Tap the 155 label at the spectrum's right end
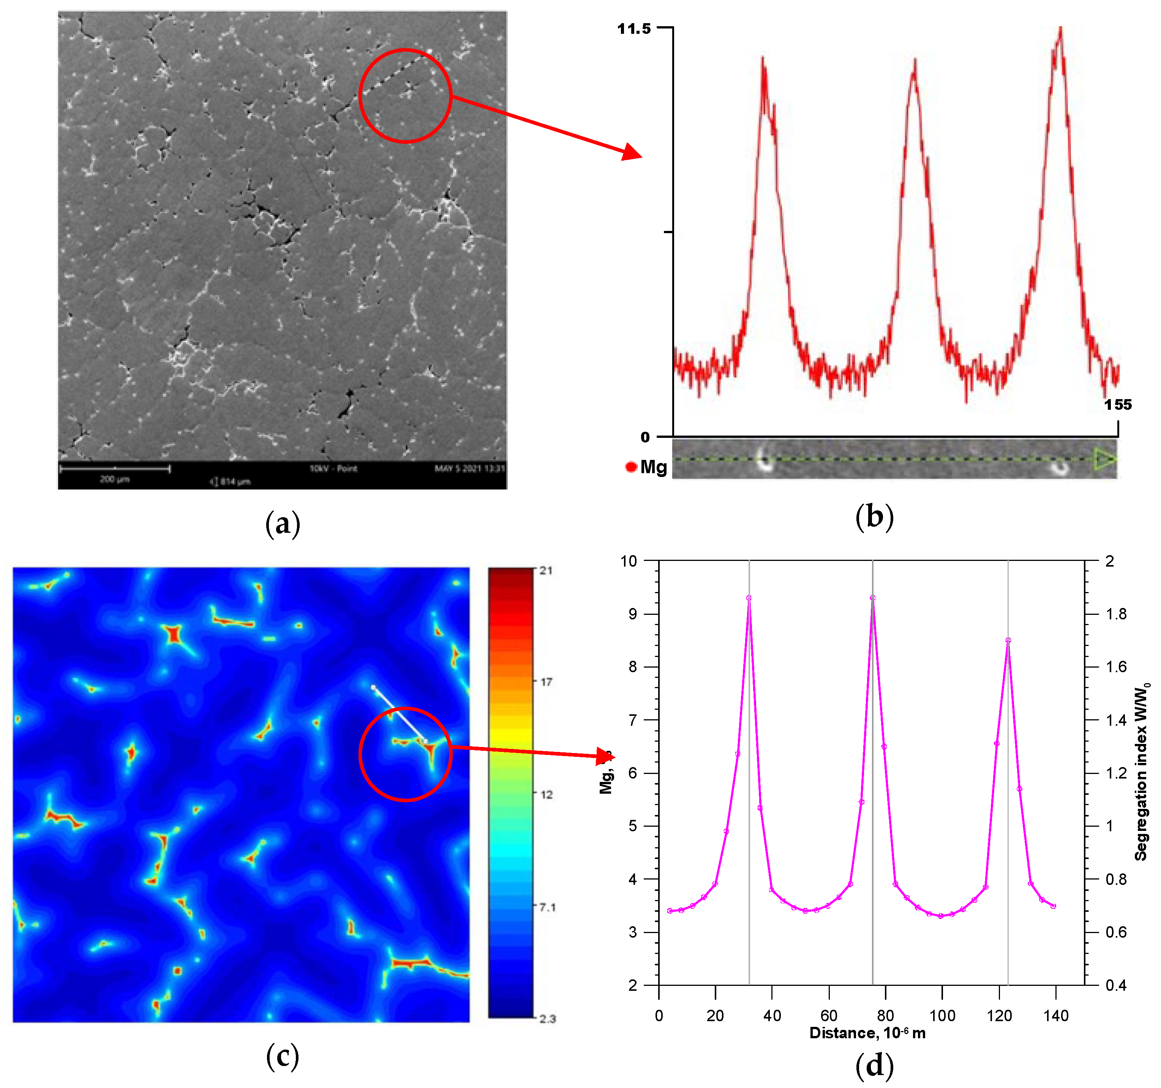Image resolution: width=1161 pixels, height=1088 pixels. pyautogui.click(x=1117, y=405)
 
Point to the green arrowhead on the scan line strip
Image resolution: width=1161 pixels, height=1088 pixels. pyautogui.click(x=1104, y=460)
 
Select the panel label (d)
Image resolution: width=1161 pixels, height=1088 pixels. pyautogui.click(x=874, y=1064)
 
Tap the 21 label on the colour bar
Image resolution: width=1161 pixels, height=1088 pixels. pyautogui.click(x=545, y=570)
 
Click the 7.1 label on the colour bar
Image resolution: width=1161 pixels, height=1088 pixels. pyautogui.click(x=547, y=907)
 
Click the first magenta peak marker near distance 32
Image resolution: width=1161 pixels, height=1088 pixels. pyautogui.click(x=749, y=598)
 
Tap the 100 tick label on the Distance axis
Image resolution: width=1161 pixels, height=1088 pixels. pyautogui.click(x=942, y=1015)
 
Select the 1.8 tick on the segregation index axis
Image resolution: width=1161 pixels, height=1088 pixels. pyautogui.click(x=1116, y=614)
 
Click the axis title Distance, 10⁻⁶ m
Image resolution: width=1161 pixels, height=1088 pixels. pyautogui.click(x=867, y=1033)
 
